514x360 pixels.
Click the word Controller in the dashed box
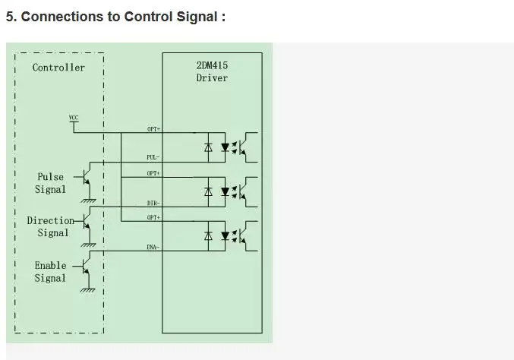[58, 68]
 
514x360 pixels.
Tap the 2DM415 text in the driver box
[212, 65]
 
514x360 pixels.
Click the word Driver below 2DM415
[212, 77]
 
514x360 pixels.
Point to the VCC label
[74, 118]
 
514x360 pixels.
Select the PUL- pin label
[153, 157]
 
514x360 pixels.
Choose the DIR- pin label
[153, 203]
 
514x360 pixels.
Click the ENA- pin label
[153, 248]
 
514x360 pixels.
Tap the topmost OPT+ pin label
[153, 129]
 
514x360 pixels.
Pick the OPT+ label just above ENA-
[153, 218]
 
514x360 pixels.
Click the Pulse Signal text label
[51, 183]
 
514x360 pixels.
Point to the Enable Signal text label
[50, 272]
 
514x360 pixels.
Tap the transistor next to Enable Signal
[87, 268]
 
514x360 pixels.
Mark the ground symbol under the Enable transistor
[90, 289]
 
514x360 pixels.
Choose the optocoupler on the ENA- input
[232, 237]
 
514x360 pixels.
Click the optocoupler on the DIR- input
[232, 192]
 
